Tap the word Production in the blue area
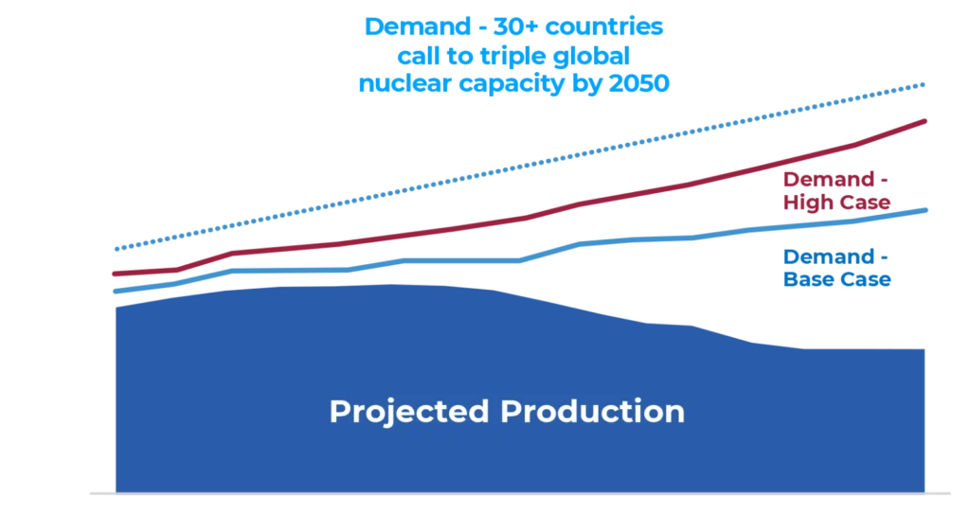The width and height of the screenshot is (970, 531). (592, 412)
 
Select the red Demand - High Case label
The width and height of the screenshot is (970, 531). (836, 192)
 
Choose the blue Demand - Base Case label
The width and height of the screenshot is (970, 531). (836, 268)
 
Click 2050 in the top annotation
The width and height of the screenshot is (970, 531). (638, 83)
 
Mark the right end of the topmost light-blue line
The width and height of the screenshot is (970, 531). (927, 84)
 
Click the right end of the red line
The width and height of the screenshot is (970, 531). (927, 120)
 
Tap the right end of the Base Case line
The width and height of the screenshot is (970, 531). (927, 209)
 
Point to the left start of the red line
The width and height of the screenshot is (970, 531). (113, 275)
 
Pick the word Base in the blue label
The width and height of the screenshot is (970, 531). (804, 280)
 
